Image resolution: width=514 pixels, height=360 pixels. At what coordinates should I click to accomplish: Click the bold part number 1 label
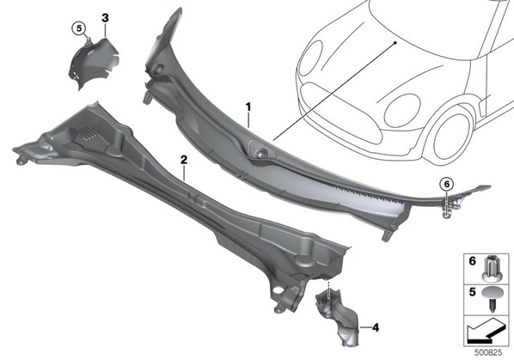coord(248,107)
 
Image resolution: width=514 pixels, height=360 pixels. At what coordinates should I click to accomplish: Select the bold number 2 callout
coord(184,160)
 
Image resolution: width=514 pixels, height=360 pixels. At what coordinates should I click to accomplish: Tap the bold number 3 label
coord(105,18)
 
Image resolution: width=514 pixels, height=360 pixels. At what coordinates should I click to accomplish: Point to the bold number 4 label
coord(376,327)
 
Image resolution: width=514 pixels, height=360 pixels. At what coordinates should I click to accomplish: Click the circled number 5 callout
coord(79,28)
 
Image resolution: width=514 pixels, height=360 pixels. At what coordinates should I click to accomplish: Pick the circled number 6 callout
coord(448,184)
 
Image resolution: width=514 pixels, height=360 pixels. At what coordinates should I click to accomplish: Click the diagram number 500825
coord(488,353)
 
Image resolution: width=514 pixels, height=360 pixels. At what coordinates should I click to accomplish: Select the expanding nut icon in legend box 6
coord(492,268)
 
